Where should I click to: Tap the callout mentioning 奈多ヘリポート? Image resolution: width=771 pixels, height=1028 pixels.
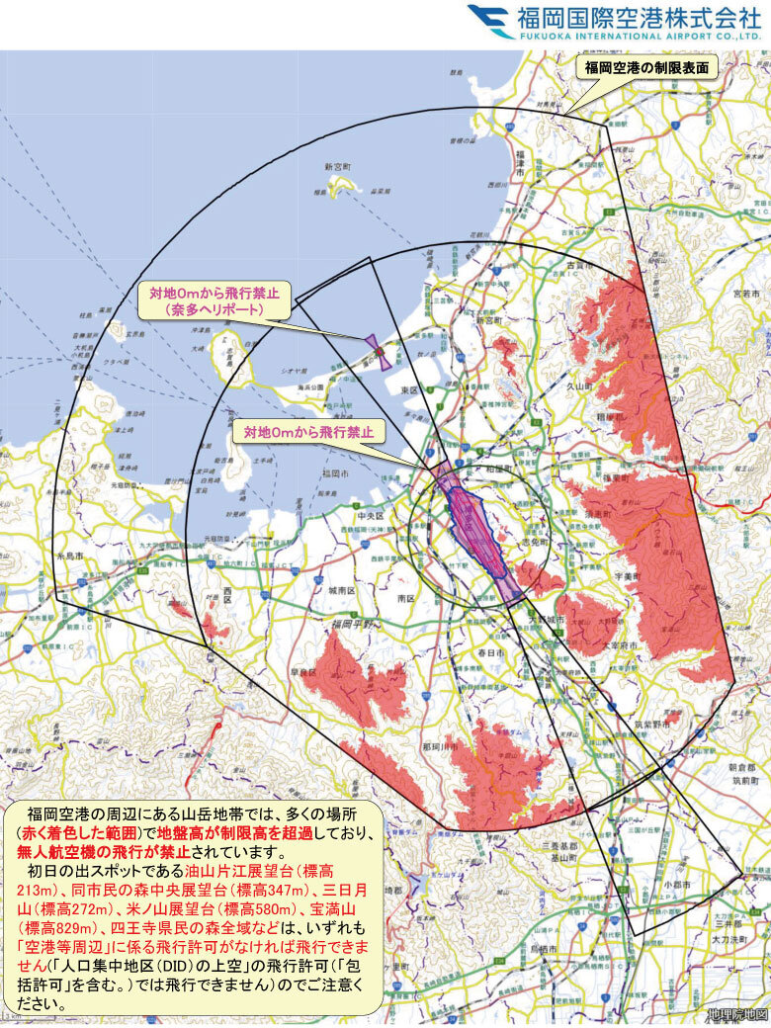pos(214,301)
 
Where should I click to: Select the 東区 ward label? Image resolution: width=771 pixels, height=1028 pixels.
pos(408,389)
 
